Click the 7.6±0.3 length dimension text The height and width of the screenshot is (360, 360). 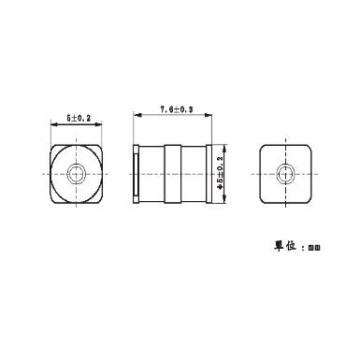point(176,109)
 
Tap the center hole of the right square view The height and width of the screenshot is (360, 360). point(283,173)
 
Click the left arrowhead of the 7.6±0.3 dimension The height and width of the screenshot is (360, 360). point(137,116)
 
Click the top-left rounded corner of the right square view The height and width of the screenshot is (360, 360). point(260,150)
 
